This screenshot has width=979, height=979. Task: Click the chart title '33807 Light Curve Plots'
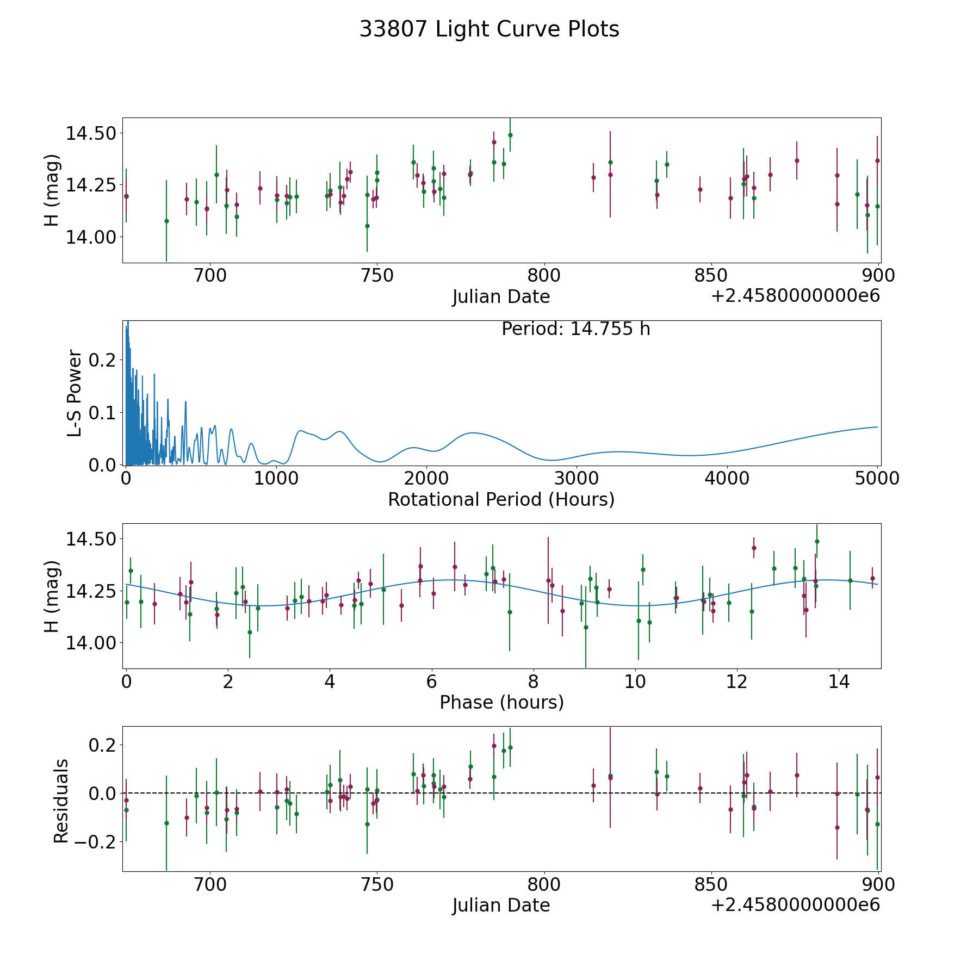click(x=489, y=29)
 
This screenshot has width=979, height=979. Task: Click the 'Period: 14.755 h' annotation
click(x=575, y=329)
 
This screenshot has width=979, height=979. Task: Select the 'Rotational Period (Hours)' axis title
click(x=501, y=499)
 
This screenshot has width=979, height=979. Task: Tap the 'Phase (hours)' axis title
click(x=501, y=702)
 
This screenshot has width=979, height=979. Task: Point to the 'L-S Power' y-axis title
click(x=75, y=393)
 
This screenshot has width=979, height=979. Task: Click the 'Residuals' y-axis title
click(x=61, y=801)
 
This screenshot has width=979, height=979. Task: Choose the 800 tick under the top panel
click(x=544, y=276)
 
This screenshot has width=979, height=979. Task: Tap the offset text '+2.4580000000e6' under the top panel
click(x=795, y=296)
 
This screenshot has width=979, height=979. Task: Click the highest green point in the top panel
click(x=510, y=135)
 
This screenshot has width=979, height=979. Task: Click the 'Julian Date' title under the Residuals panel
click(x=501, y=905)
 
